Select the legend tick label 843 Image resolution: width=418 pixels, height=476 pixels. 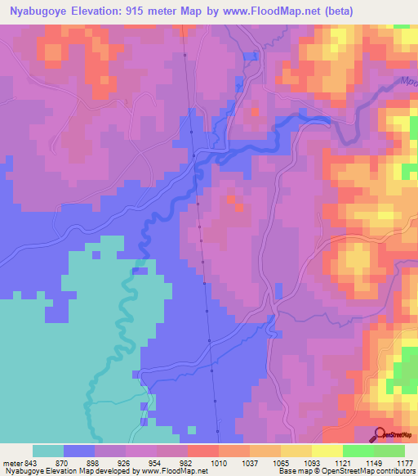click(x=31, y=462)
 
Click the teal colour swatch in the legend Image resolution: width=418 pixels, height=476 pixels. click(x=48, y=451)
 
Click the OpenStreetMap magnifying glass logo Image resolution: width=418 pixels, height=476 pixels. click(x=380, y=434)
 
